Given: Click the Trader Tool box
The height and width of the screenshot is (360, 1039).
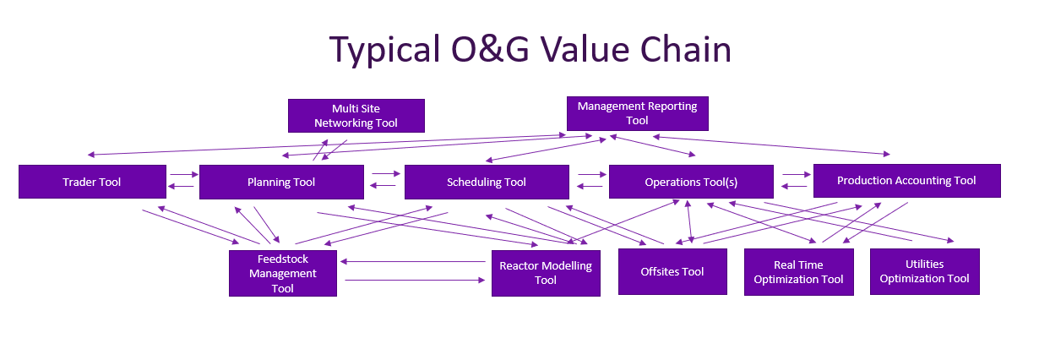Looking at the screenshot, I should click(92, 182).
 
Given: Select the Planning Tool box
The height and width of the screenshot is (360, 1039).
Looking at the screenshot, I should click(281, 182).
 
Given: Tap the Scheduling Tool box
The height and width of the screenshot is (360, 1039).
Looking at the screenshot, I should click(486, 182).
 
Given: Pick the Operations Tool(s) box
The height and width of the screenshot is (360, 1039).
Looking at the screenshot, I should click(691, 182).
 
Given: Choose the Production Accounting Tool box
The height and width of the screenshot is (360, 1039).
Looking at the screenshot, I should click(906, 181).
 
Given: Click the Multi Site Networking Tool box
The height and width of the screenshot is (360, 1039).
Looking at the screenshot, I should click(356, 116).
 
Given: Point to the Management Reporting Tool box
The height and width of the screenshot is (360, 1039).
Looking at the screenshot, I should click(637, 113).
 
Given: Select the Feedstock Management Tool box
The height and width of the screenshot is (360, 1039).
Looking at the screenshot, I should click(283, 273).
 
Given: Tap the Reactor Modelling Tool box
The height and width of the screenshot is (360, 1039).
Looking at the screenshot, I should click(546, 272).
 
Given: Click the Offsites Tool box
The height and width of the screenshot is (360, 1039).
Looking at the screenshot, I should click(672, 271).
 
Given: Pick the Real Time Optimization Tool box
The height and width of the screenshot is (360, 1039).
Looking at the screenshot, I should click(798, 271).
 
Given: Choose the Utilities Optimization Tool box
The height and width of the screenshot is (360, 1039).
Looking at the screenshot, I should click(924, 271).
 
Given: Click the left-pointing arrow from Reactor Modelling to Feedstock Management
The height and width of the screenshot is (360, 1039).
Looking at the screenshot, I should click(414, 262).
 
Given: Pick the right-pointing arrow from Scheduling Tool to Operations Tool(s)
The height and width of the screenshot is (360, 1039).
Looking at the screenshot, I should click(592, 175).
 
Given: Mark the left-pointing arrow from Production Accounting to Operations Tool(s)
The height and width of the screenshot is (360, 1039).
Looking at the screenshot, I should click(796, 185).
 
